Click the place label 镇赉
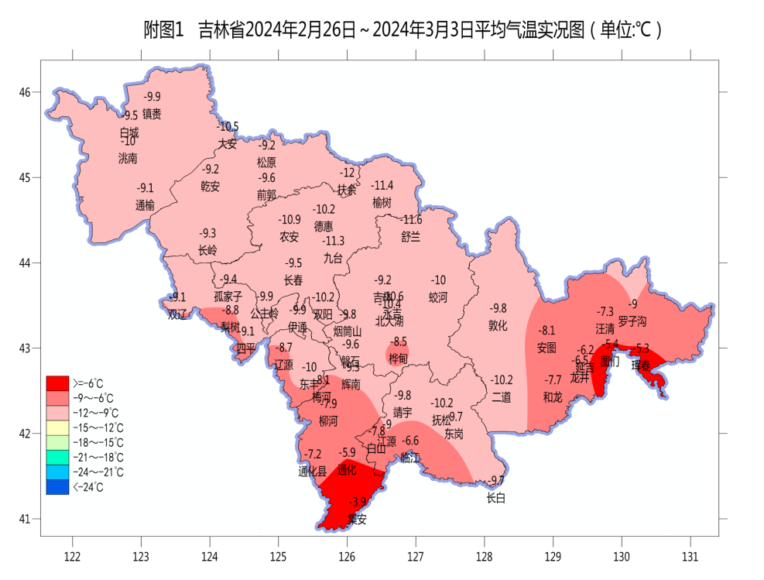coord(152,114)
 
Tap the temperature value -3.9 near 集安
coord(358,502)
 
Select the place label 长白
coord(495,499)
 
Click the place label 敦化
coord(498,325)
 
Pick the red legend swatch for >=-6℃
coord(57,383)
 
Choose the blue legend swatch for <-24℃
coord(57,487)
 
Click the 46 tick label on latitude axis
coord(26,93)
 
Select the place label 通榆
coord(145,205)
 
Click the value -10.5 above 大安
coord(228,126)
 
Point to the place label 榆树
coord(382,202)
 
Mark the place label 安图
coord(546,348)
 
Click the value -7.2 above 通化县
coord(313,454)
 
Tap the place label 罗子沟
coord(632,321)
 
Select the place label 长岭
coord(207,250)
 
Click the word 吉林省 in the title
coord(221,30)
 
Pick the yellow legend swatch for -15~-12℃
coord(57,427)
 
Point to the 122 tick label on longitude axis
coord(73,557)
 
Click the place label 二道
coord(502,397)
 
